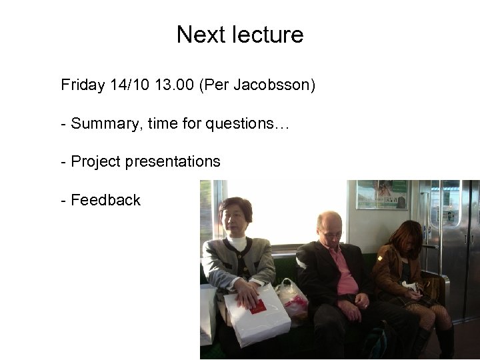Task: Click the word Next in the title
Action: pyautogui.click(x=197, y=35)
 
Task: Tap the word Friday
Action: pyautogui.click(x=82, y=85)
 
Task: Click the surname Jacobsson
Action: pyautogui.click(x=271, y=85)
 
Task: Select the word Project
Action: pyautogui.click(x=93, y=161)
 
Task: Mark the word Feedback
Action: pyautogui.click(x=105, y=200)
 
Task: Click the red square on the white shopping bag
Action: pyautogui.click(x=257, y=307)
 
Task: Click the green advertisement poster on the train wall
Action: pyautogui.click(x=382, y=194)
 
